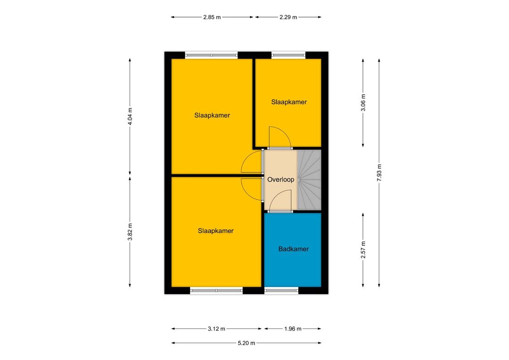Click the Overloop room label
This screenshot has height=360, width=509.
click(281, 180)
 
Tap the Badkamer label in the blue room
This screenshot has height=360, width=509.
click(294, 249)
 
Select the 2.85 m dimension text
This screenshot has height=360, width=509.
click(212, 17)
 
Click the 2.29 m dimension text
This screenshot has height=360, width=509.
click(288, 17)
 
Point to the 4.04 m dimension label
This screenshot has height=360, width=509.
click(130, 116)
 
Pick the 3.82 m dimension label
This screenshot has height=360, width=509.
click(130, 232)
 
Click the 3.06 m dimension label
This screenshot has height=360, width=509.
click(363, 103)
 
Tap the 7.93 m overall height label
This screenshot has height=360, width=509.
click(379, 172)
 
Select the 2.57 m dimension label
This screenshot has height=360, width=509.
click(363, 250)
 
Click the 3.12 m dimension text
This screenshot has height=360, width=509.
click(216, 329)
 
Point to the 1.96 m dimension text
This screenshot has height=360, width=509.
click(293, 329)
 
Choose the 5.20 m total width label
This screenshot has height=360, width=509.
click(246, 343)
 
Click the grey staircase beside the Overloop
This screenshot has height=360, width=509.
click(309, 180)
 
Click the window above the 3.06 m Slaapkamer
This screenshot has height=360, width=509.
click(288, 55)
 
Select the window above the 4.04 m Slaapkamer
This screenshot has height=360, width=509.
click(211, 55)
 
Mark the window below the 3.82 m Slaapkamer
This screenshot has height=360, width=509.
click(216, 291)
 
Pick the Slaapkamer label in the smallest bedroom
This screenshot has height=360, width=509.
click(289, 102)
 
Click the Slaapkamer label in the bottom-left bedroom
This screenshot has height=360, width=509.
click(215, 231)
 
